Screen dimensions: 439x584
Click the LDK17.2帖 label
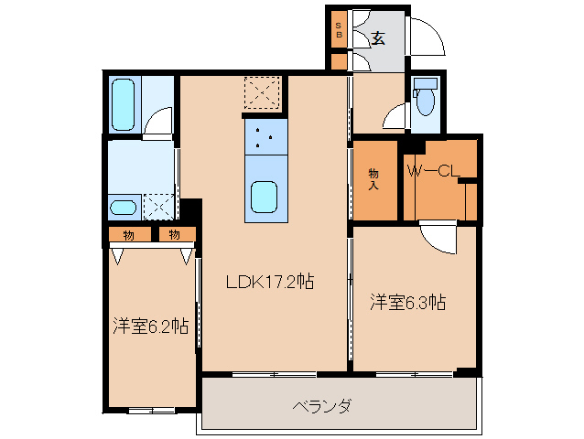pos(270,283)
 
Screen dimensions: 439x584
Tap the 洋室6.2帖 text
pos(151,326)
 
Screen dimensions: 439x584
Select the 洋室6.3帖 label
pos(407,303)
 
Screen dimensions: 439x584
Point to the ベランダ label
pos(322,406)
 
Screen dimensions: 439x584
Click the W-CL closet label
pos(432,171)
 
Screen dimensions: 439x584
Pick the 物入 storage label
pos(373,178)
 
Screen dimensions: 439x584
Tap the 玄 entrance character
pos(377,38)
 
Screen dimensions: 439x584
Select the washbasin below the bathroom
pos(124,208)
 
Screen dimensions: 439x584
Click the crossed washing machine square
pos(159,207)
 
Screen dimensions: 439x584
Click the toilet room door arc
pos(395,116)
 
